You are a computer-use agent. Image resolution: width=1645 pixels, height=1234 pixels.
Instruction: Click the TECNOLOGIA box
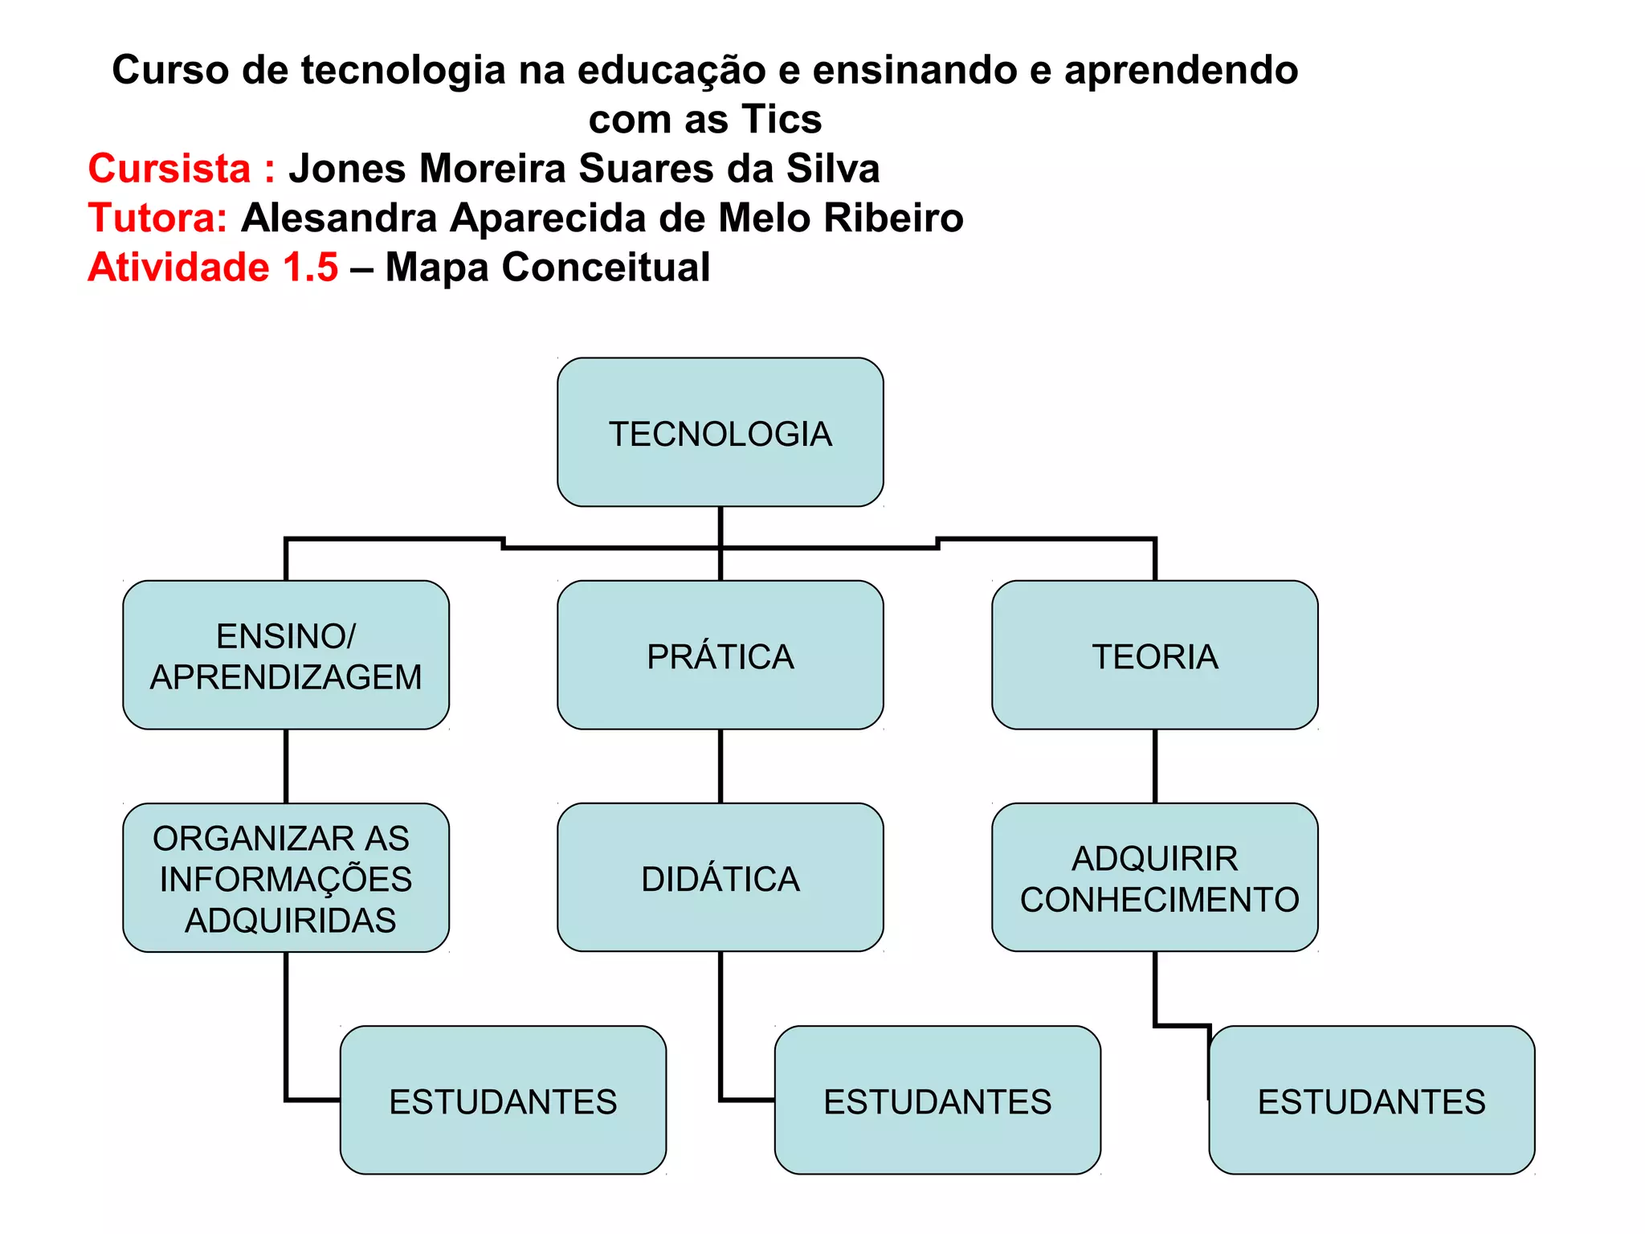pyautogui.click(x=720, y=432)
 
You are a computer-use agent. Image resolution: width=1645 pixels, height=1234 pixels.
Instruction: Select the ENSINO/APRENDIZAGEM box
pyautogui.click(x=286, y=655)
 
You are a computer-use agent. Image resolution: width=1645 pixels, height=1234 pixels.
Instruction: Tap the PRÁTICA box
pyautogui.click(x=720, y=655)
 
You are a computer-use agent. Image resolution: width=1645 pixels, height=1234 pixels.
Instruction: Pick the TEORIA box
pyautogui.click(x=1154, y=655)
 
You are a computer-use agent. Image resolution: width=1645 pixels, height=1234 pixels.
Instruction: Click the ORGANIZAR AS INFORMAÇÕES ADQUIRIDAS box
pyautogui.click(x=286, y=877)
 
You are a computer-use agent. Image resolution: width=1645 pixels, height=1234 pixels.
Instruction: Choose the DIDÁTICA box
pyautogui.click(x=720, y=877)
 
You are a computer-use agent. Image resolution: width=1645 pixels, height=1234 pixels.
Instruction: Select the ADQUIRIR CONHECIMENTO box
pyautogui.click(x=1154, y=877)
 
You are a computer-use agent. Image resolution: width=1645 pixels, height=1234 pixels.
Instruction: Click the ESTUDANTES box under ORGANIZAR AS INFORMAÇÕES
pyautogui.click(x=503, y=1100)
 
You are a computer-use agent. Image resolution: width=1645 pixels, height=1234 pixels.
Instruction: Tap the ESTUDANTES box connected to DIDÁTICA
pyautogui.click(x=937, y=1100)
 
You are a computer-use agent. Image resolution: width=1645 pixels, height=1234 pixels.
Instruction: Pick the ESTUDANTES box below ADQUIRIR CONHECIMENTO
pyautogui.click(x=1371, y=1100)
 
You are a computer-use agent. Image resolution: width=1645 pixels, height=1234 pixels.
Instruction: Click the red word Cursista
pyautogui.click(x=169, y=169)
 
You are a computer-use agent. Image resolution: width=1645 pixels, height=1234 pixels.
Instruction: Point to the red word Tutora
pyautogui.click(x=157, y=218)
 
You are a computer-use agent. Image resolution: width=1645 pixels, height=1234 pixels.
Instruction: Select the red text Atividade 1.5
pyautogui.click(x=213, y=267)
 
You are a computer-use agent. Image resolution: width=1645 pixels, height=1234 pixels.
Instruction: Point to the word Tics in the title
pyautogui.click(x=781, y=120)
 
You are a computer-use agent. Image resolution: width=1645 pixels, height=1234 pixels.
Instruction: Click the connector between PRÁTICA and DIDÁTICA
pyautogui.click(x=720, y=766)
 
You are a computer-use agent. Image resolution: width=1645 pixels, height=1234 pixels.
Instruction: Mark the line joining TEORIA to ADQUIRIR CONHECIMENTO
pyautogui.click(x=1155, y=766)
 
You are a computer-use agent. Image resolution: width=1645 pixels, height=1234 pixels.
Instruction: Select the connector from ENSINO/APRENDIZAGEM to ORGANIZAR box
pyautogui.click(x=286, y=766)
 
